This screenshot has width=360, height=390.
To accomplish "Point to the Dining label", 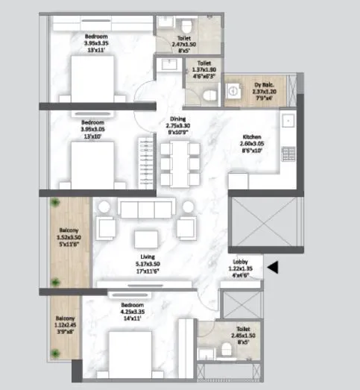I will [177, 119].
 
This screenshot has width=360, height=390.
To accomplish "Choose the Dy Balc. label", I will [260, 86].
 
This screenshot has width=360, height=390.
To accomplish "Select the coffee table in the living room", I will [144, 239].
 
